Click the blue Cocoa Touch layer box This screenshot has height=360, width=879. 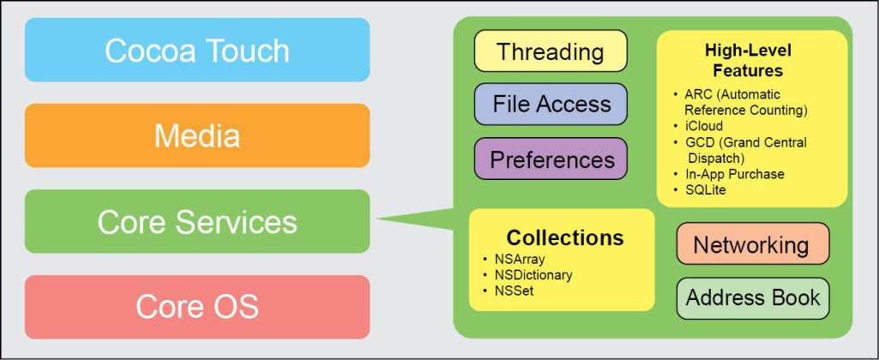197,51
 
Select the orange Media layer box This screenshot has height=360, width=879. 197,135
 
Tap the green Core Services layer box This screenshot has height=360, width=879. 197,222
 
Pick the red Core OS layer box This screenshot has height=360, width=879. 197,306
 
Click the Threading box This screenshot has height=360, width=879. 551,51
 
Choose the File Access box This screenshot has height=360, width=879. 551,105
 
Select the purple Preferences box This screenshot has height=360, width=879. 551,159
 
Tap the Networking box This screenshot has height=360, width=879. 751,245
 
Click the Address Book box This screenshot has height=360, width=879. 751,298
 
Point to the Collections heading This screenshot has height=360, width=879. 564,237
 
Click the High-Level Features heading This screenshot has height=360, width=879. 748,61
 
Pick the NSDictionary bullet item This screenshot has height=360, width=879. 532,275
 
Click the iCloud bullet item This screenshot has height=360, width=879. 704,126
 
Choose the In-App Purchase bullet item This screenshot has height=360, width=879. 734,174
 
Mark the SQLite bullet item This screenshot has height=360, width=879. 705,189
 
